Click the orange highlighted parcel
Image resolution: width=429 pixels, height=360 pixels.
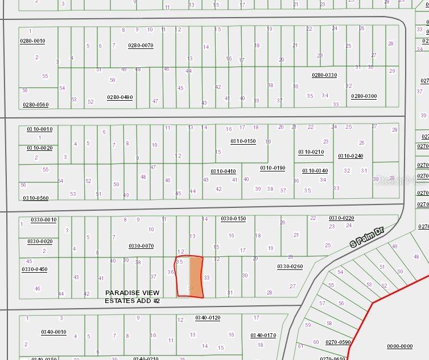click(x=196, y=276)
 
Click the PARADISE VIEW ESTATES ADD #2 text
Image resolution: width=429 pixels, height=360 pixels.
click(x=132, y=296)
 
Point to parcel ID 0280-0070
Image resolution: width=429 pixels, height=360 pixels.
click(x=141, y=45)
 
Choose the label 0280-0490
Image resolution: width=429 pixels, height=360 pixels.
click(x=120, y=97)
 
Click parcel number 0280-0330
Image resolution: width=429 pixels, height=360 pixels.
click(x=324, y=75)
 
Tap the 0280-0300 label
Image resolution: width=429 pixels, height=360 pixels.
click(x=364, y=96)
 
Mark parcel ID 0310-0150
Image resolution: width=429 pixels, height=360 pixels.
click(x=243, y=141)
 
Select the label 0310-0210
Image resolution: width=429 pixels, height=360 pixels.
click(x=311, y=152)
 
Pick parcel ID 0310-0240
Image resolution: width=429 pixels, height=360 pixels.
click(x=350, y=156)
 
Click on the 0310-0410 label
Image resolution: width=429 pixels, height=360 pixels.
click(x=223, y=171)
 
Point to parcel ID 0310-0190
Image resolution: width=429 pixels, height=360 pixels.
click(x=273, y=168)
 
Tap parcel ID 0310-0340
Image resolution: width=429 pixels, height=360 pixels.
click(x=315, y=171)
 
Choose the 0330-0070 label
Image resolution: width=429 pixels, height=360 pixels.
click(x=141, y=246)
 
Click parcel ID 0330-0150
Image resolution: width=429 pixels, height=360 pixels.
click(x=233, y=219)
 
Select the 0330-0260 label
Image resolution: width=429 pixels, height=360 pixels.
click(x=290, y=267)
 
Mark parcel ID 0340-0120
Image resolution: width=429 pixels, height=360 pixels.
click(x=208, y=318)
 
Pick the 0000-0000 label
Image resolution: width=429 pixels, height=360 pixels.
click(x=399, y=346)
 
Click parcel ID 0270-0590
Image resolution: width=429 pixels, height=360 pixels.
click(x=339, y=342)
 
